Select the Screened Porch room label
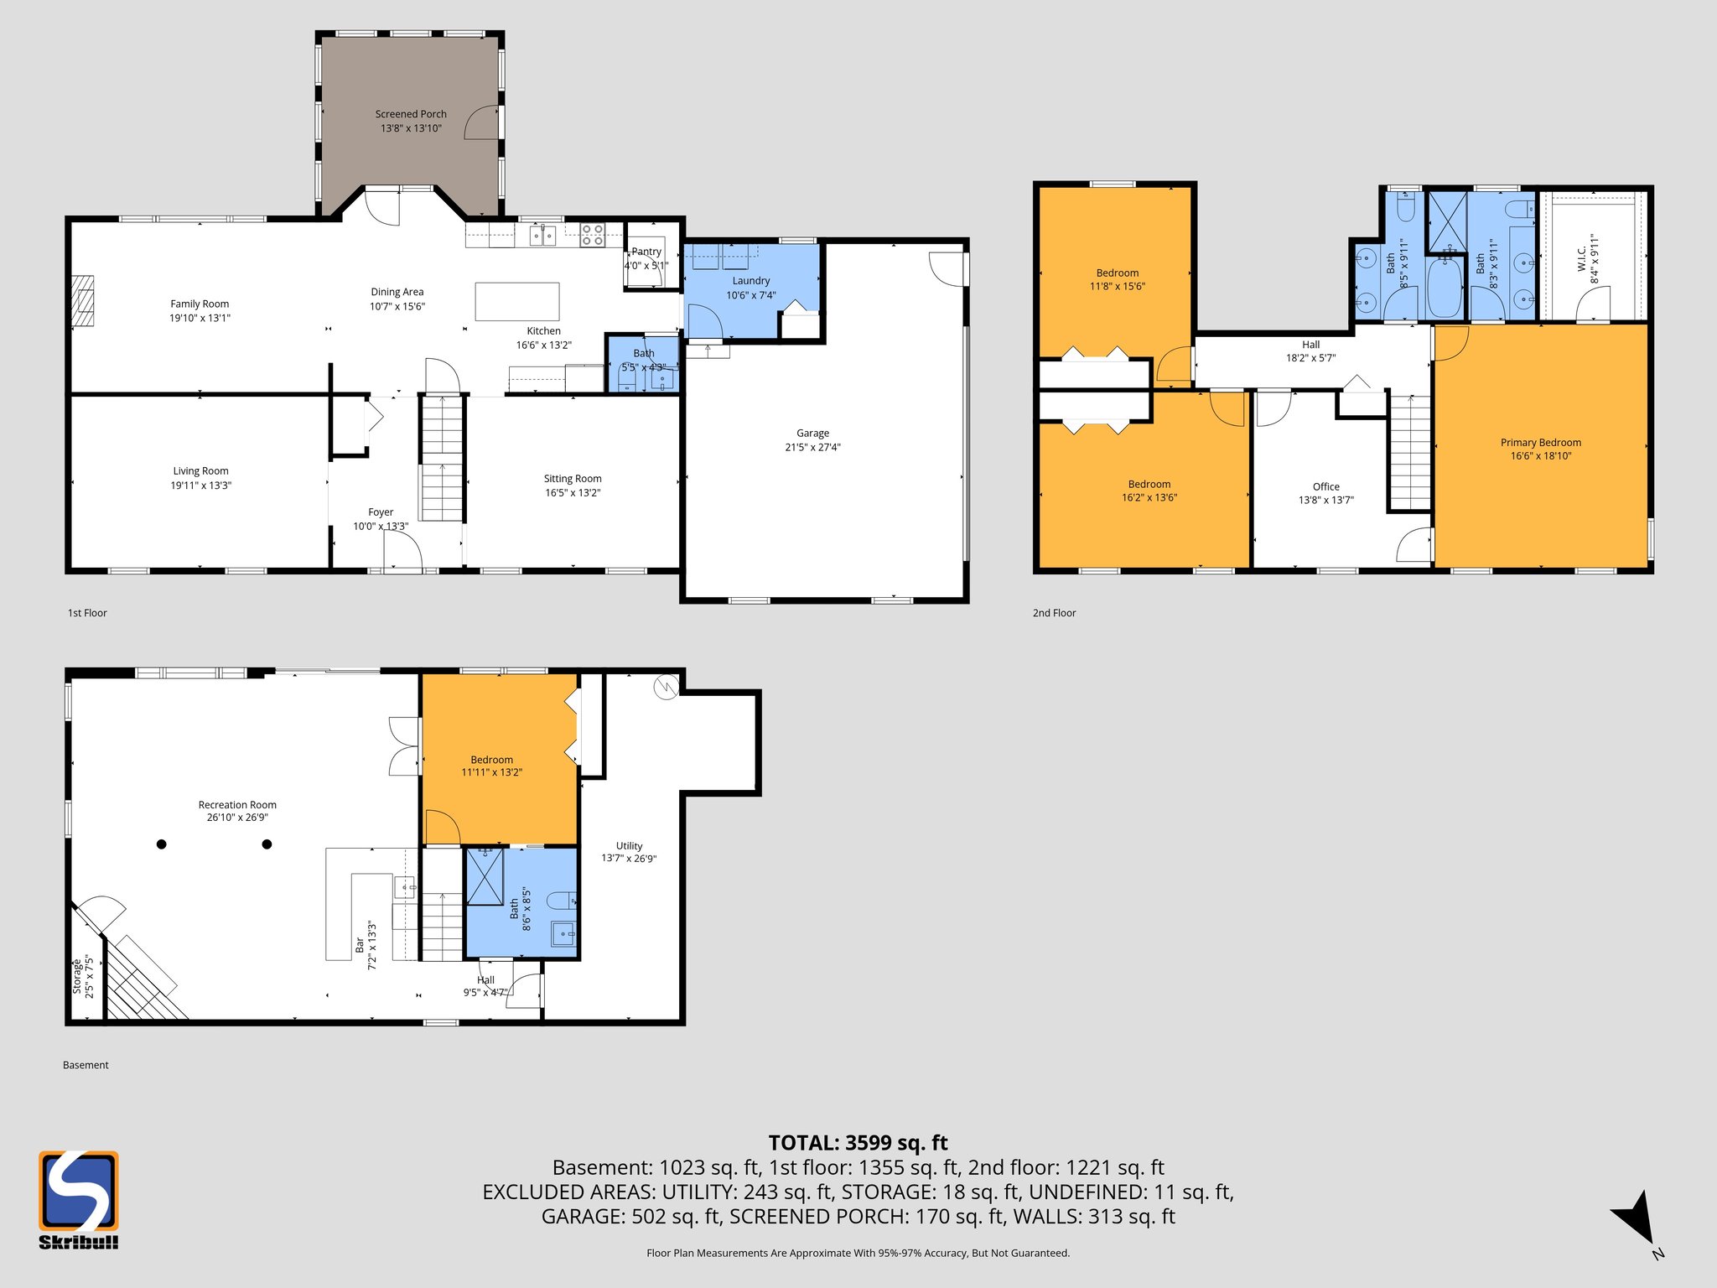point(411,114)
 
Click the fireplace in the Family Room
point(82,300)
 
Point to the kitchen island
point(517,302)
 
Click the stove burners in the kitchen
point(593,234)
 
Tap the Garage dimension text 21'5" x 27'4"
point(812,447)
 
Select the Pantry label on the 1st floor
point(646,252)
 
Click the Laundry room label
point(750,281)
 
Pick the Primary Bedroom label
point(1540,443)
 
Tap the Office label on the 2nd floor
point(1325,486)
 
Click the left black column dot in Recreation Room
point(162,844)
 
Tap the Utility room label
point(629,846)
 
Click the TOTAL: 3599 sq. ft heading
point(858,1143)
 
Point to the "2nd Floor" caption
point(1054,613)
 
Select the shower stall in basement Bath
point(485,876)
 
